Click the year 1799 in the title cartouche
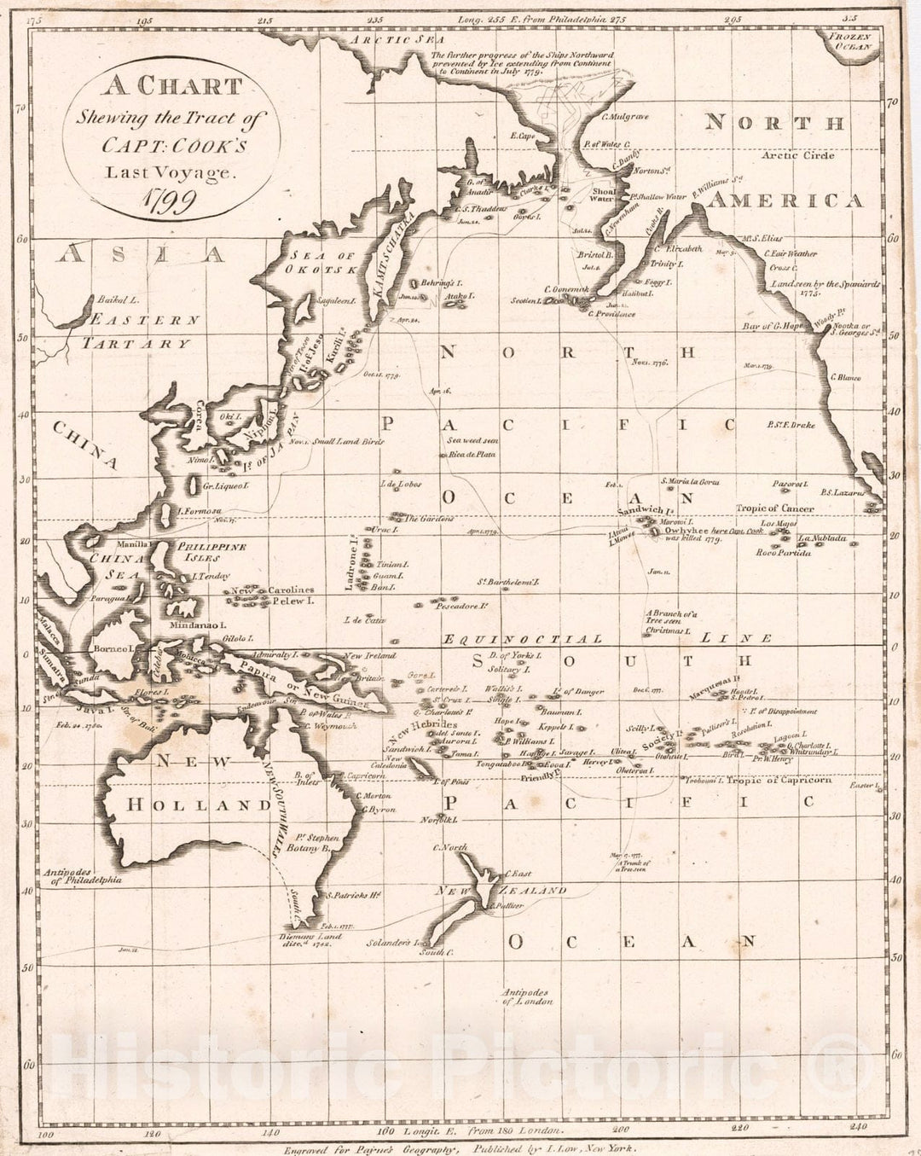(x=171, y=201)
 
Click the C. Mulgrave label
(x=625, y=116)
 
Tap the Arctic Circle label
(x=797, y=155)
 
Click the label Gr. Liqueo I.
(x=225, y=485)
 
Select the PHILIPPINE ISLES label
(x=211, y=552)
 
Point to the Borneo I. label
(x=115, y=648)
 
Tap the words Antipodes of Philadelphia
(x=82, y=875)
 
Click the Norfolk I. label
(x=440, y=819)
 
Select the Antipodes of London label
(x=527, y=996)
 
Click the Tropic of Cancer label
(x=774, y=508)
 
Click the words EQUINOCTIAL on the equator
(x=522, y=639)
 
